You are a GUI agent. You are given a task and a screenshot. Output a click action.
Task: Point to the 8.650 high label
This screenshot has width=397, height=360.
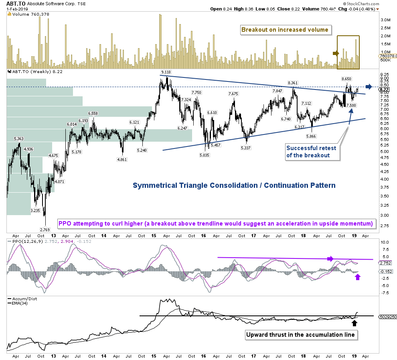(346, 79)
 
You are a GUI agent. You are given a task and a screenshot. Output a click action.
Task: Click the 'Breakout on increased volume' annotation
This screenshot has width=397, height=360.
(284, 29)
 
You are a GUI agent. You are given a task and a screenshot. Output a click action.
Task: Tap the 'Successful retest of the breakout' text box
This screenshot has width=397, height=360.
(311, 152)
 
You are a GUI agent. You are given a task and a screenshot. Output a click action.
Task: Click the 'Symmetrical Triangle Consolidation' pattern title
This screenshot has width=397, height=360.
(234, 185)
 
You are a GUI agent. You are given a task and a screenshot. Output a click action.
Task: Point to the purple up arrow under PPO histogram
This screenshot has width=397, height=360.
(358, 277)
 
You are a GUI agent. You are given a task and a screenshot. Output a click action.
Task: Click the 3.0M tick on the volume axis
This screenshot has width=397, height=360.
(385, 20)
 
